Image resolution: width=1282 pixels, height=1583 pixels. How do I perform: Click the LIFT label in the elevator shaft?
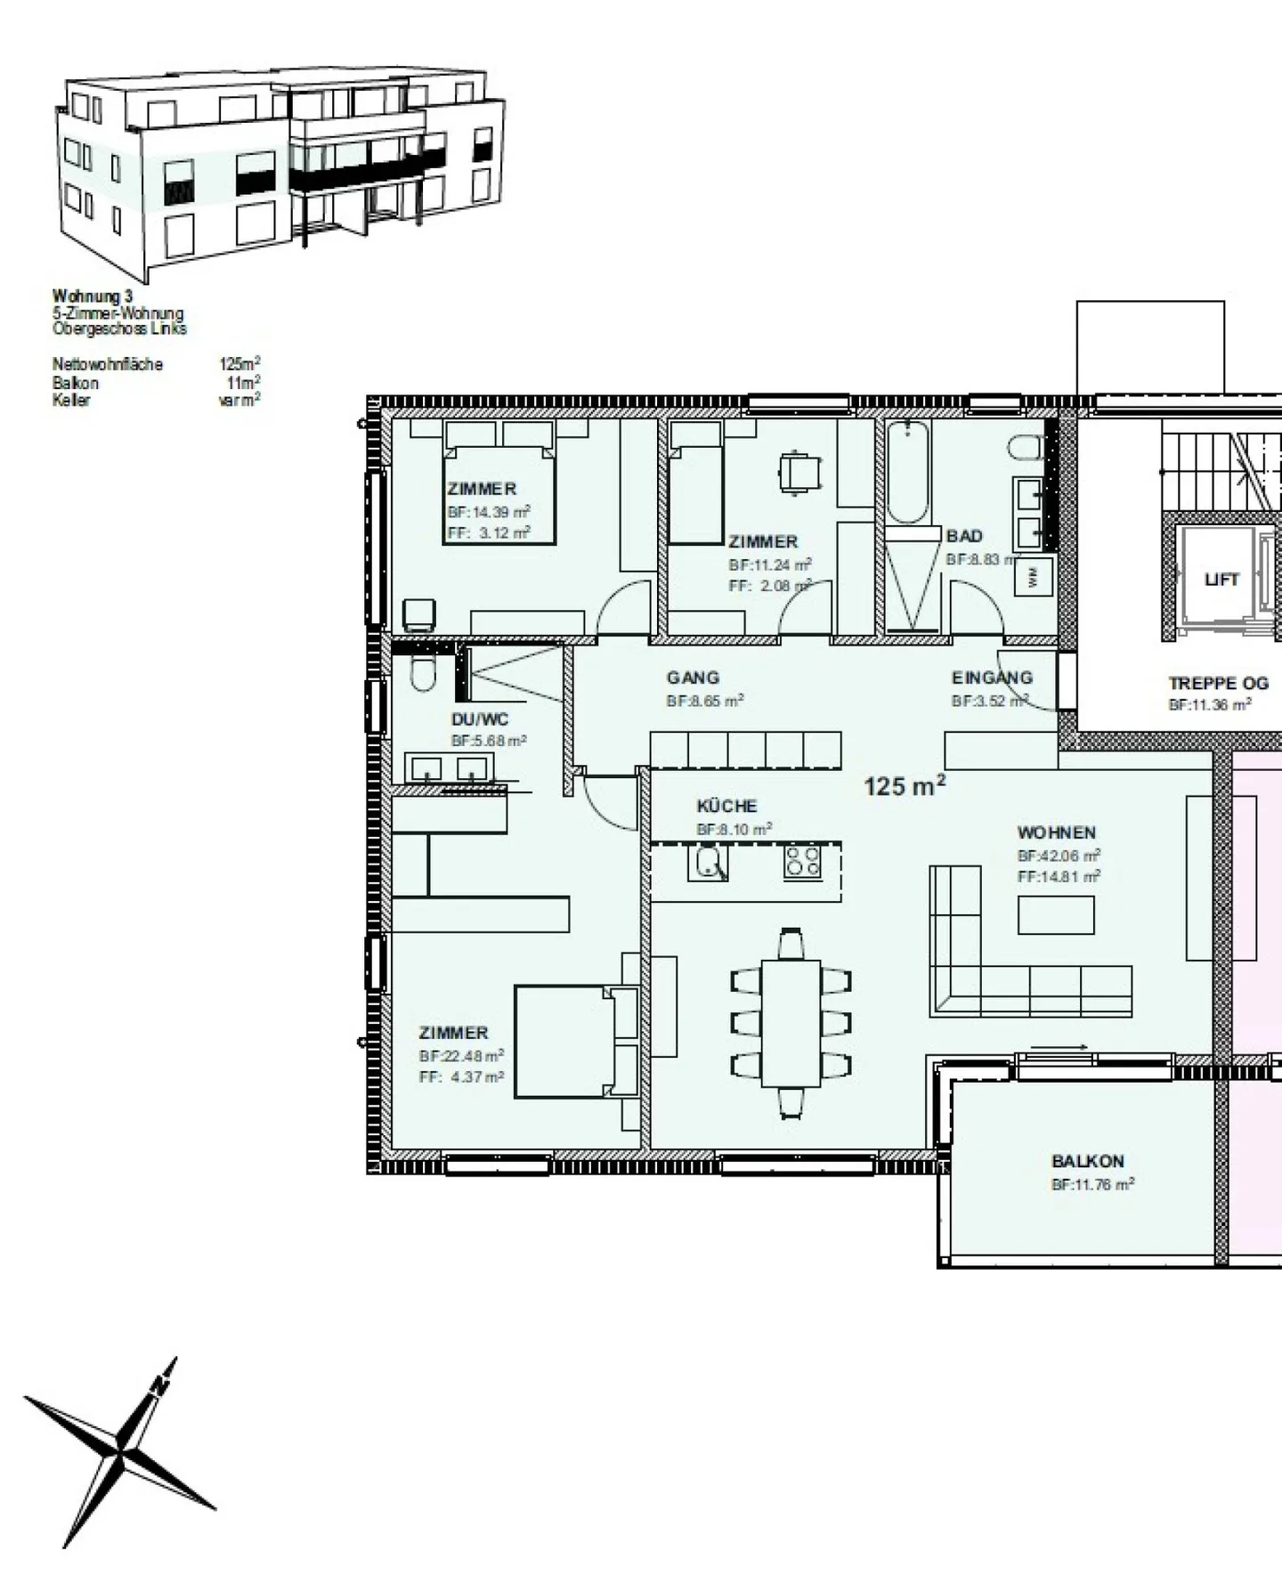click(1221, 580)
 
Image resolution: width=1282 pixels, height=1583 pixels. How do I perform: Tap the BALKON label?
click(1087, 1161)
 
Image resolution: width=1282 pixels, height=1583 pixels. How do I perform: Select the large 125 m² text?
click(904, 786)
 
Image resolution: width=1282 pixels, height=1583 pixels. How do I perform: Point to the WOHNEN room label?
click(1056, 832)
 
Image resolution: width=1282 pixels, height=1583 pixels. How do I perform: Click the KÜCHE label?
click(726, 806)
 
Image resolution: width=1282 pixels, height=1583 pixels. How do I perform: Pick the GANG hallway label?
click(693, 678)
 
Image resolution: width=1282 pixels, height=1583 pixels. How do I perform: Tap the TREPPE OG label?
click(1217, 683)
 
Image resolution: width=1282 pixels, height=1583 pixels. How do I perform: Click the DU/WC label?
click(480, 719)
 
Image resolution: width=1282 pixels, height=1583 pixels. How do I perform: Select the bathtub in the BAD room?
click(907, 472)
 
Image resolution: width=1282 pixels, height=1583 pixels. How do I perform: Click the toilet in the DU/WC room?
click(423, 674)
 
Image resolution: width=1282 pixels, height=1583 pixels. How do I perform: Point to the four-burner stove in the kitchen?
click(802, 861)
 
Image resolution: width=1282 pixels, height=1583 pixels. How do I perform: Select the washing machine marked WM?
click(1033, 576)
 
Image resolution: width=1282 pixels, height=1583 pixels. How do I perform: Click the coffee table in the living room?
click(1056, 914)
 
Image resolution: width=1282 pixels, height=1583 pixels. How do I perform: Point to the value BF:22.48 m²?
click(461, 1056)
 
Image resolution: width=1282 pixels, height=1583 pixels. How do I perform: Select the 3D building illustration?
click(280, 169)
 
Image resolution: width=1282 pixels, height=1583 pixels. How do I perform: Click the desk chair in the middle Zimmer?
click(799, 471)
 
